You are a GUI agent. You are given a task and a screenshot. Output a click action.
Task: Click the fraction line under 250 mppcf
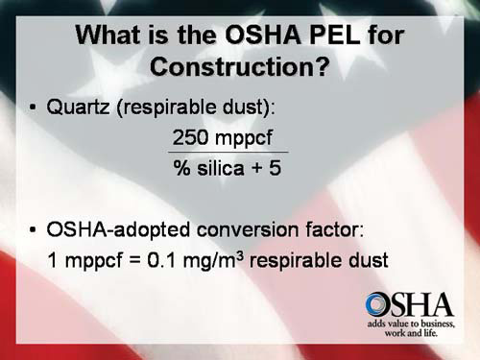(228, 153)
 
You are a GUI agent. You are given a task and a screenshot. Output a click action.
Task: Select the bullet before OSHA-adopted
(33, 230)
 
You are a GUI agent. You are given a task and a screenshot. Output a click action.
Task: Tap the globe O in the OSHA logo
(378, 305)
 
